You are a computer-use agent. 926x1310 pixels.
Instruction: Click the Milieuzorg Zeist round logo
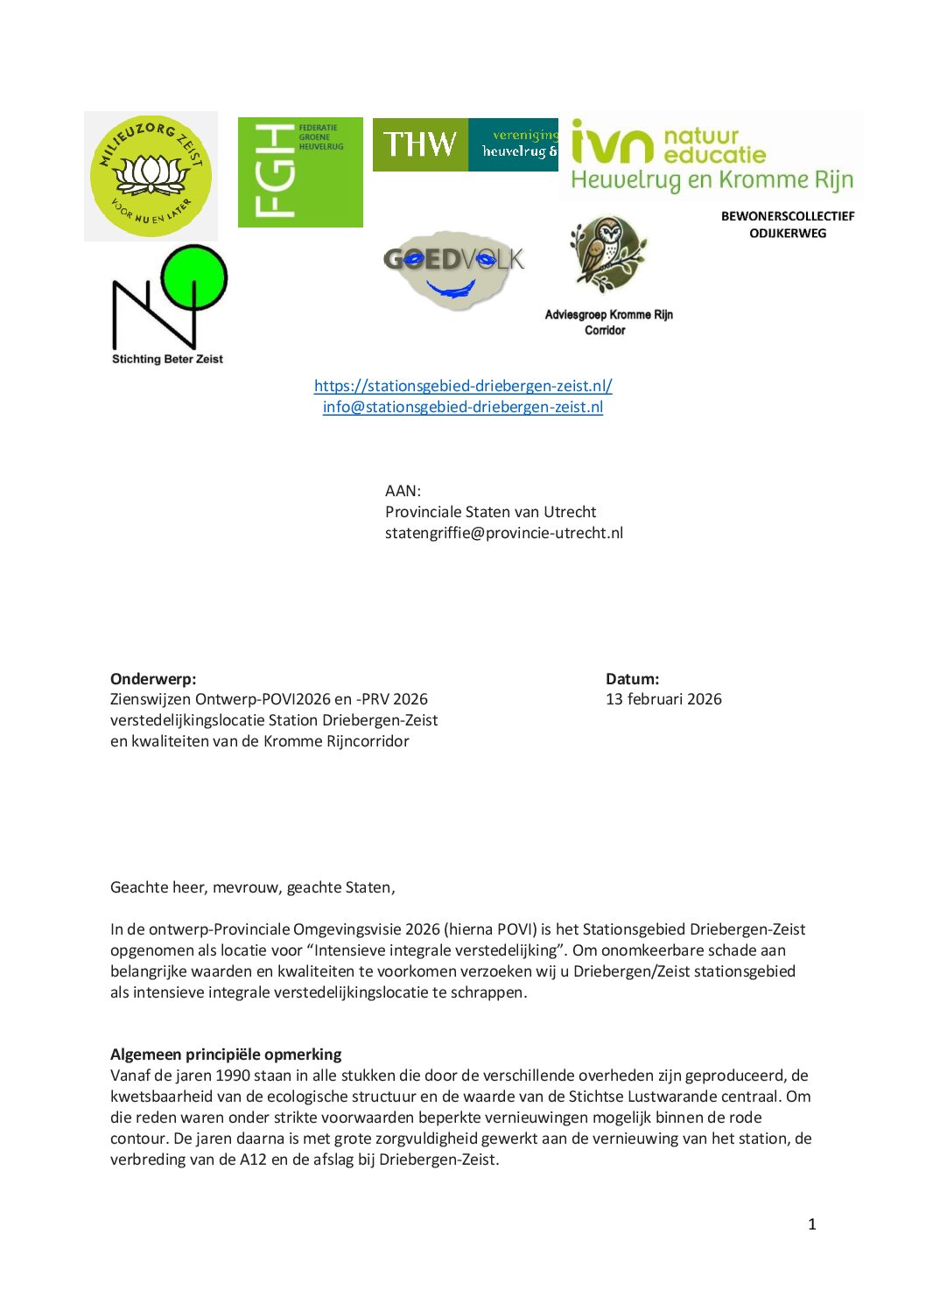[x=151, y=176]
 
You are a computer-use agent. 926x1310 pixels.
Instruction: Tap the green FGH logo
[x=300, y=172]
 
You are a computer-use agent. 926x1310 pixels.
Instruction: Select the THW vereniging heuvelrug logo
[x=465, y=144]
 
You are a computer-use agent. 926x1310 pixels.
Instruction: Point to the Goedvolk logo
[x=452, y=270]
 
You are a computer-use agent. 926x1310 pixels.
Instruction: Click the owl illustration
[x=607, y=255]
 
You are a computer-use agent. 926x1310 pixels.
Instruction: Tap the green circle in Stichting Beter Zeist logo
[x=194, y=278]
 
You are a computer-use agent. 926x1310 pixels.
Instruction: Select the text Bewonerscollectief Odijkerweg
[x=787, y=224]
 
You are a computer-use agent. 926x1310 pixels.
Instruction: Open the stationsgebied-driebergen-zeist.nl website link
[x=463, y=386]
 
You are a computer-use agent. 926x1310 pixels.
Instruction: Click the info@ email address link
[x=463, y=407]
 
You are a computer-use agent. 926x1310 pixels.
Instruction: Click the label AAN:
[x=403, y=491]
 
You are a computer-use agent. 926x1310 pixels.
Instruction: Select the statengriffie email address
[x=504, y=533]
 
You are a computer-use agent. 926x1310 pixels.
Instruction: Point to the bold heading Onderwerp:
[x=153, y=679]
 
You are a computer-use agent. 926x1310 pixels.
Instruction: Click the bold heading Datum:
[x=632, y=679]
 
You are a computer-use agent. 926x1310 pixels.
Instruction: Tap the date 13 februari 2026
[x=663, y=699]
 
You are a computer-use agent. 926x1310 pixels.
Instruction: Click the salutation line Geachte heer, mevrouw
[x=252, y=887]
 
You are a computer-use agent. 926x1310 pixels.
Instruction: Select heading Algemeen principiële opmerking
[x=226, y=1054]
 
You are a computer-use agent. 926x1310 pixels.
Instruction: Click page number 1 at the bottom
[x=811, y=1224]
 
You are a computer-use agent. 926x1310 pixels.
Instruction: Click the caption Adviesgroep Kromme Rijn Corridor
[x=608, y=322]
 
